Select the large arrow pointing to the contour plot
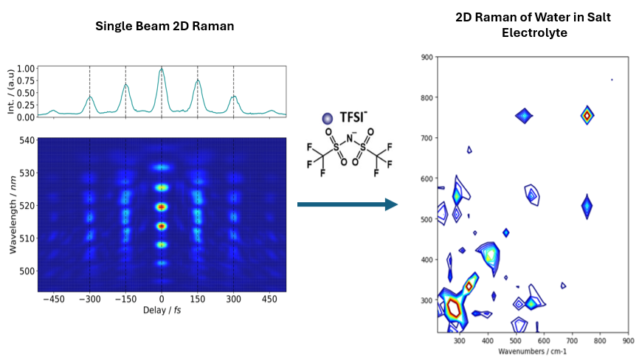point(347,204)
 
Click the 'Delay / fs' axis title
point(162,311)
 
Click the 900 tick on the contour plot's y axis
point(426,57)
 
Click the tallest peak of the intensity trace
point(162,69)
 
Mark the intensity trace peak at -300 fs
point(90,97)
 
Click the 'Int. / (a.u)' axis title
point(10,92)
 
